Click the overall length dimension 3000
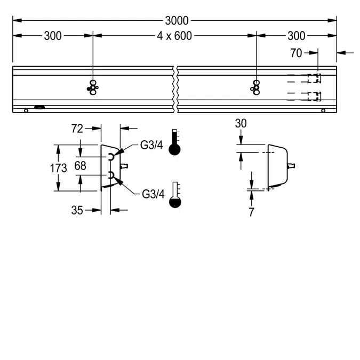click(x=176, y=21)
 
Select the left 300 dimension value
click(x=52, y=36)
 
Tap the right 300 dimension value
click(x=297, y=36)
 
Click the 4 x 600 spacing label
click(x=174, y=36)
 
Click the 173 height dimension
click(x=58, y=169)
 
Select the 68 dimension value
click(x=80, y=166)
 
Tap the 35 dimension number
click(x=77, y=210)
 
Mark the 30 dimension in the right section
click(x=241, y=123)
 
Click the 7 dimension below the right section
click(x=251, y=212)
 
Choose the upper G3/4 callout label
click(x=152, y=145)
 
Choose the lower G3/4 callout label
click(x=153, y=194)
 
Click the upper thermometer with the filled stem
click(x=174, y=142)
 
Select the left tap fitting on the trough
click(x=93, y=87)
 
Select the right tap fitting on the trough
click(x=257, y=87)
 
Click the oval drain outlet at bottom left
click(x=40, y=108)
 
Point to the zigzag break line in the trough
click(x=175, y=89)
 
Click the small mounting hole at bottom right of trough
click(x=323, y=110)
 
